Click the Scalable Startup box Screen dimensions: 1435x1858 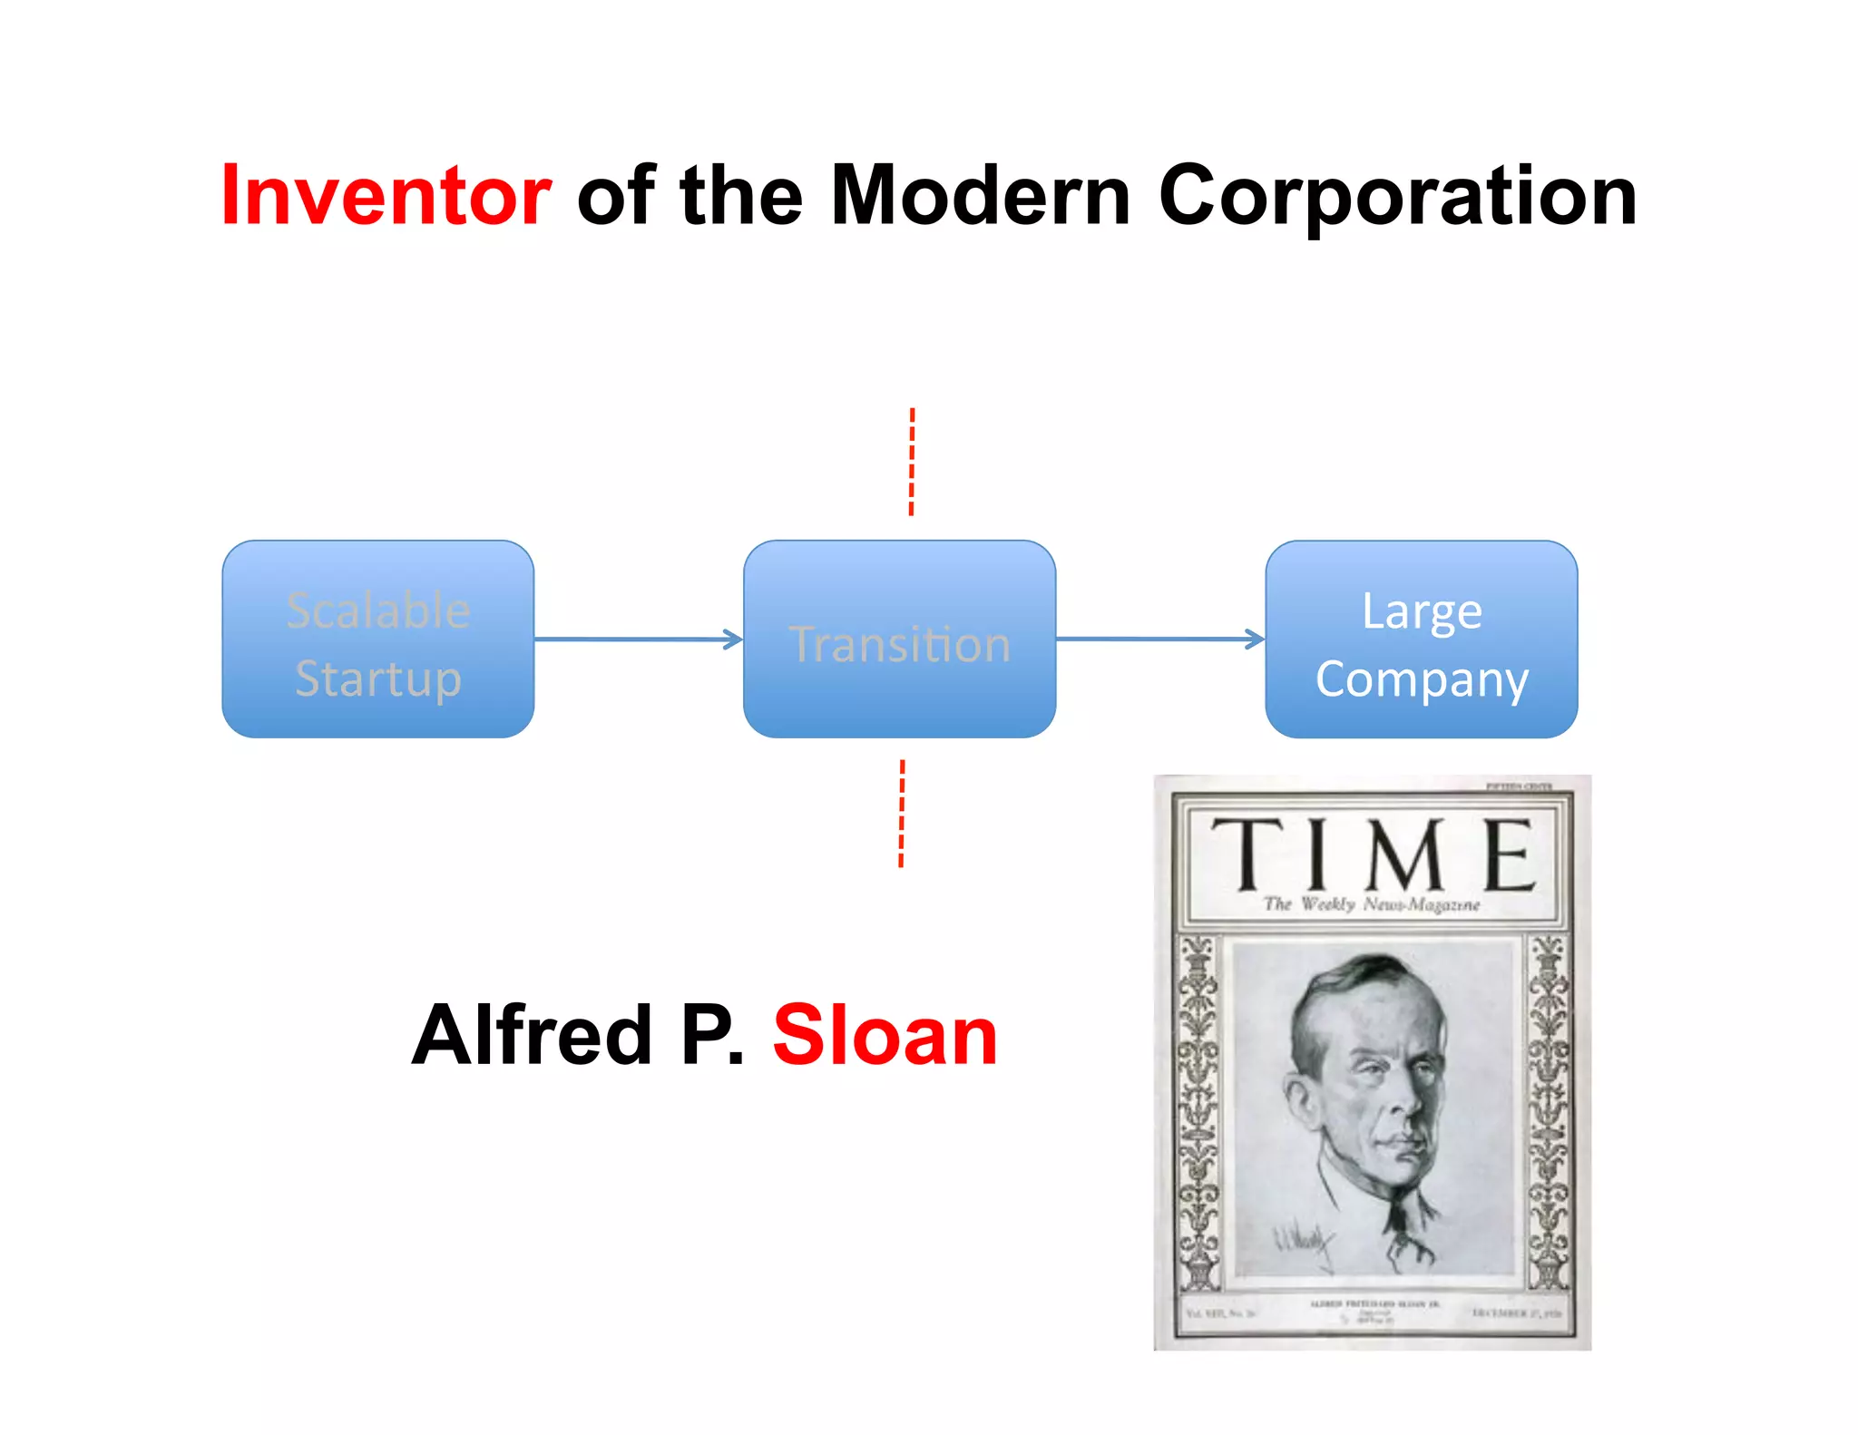point(377,639)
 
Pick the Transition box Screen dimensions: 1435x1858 point(899,639)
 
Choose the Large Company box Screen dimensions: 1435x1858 point(1421,639)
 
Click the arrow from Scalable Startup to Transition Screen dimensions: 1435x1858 point(638,639)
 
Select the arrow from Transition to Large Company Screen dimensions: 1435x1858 point(1159,639)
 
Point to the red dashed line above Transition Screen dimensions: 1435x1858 point(912,463)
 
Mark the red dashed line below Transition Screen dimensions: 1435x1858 point(902,814)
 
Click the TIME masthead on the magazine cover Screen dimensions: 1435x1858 point(1372,854)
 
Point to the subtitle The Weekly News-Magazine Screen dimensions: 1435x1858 point(1371,904)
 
